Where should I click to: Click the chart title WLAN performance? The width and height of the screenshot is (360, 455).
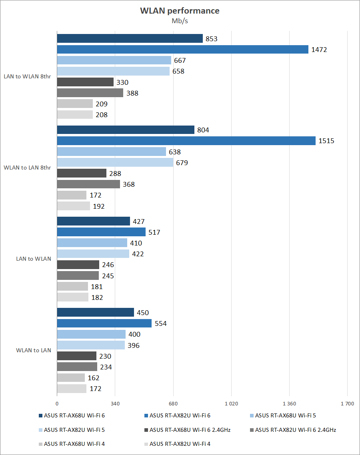(x=180, y=11)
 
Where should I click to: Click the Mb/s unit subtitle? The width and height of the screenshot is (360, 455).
(x=180, y=21)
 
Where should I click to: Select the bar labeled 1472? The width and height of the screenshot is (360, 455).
(x=182, y=50)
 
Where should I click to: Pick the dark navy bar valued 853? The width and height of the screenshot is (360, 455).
(x=130, y=38)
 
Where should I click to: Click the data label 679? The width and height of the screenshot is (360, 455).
(x=182, y=163)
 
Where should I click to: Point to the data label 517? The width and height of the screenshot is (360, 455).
(x=154, y=232)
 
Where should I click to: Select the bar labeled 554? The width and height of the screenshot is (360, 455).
(x=104, y=323)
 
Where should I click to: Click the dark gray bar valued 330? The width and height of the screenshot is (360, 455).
(x=85, y=82)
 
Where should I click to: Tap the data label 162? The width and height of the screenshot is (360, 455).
(x=93, y=378)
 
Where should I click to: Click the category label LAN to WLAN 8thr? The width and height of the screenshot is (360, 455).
(x=27, y=76)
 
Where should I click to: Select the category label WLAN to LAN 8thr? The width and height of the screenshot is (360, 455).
(x=27, y=168)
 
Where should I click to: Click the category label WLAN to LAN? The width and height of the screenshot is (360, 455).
(x=34, y=350)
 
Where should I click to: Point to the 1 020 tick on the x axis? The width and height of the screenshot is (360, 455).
(x=231, y=404)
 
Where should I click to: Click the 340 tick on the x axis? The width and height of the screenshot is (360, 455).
(x=115, y=404)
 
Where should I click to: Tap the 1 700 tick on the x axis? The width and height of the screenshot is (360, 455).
(x=347, y=404)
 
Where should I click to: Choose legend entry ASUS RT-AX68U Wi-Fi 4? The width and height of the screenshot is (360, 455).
(x=74, y=443)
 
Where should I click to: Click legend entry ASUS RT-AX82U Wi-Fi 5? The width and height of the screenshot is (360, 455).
(x=74, y=430)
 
